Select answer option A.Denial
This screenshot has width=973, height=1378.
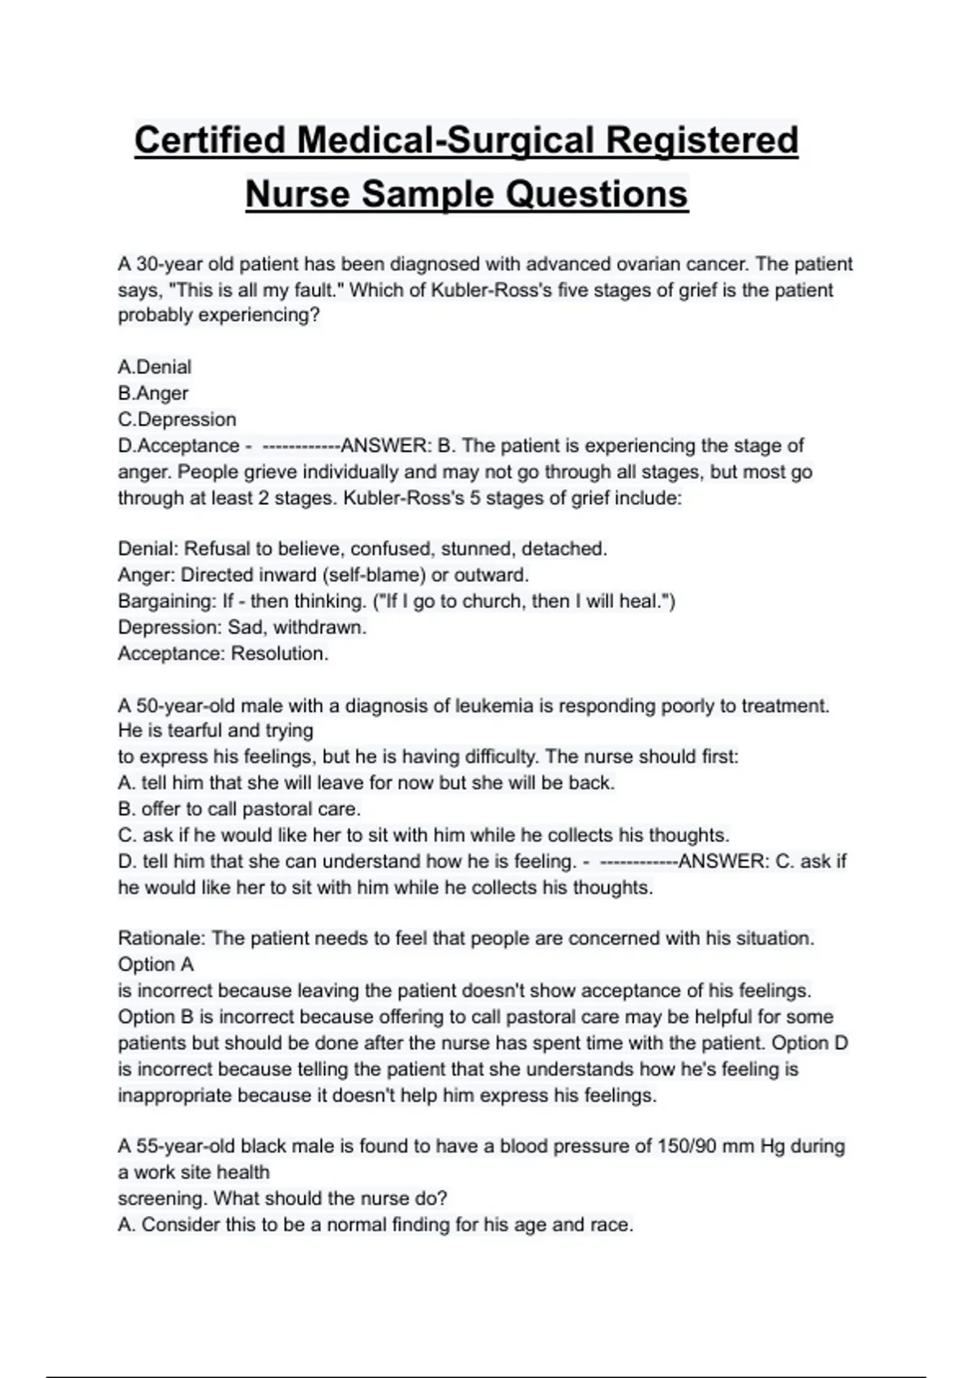[155, 367]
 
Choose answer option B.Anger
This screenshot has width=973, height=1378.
[153, 393]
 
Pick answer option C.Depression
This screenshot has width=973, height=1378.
[178, 419]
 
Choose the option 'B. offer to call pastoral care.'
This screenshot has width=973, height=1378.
[239, 809]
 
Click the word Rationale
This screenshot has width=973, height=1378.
[162, 939]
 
